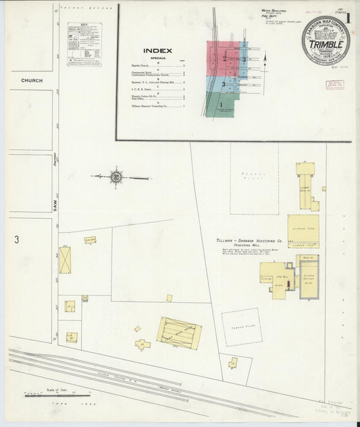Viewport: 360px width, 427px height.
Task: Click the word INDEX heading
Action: coord(157,51)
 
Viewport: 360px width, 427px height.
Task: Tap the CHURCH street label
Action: coord(32,80)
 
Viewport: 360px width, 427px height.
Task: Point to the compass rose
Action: coord(116,177)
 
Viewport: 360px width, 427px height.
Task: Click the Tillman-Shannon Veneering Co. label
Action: coord(247,241)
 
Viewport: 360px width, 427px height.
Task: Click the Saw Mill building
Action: coord(277,276)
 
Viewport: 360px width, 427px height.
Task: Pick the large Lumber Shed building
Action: coord(303,231)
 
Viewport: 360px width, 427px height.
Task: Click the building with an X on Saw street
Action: coord(65,260)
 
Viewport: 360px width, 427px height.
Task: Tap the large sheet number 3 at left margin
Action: coord(16,239)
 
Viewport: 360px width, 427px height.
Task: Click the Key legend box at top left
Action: coord(84,44)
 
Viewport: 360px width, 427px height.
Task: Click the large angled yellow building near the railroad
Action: coord(179,332)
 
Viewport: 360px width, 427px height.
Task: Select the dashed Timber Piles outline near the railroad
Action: coord(242,327)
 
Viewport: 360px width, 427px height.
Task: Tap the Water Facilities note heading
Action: coord(272,11)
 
